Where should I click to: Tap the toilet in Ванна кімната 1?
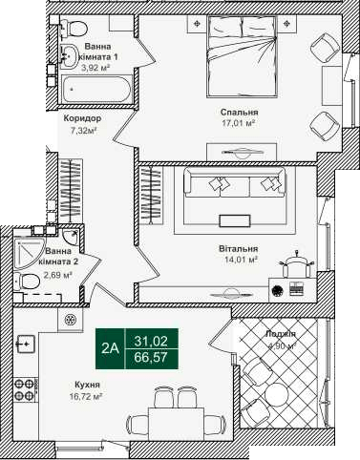click(x=69, y=56)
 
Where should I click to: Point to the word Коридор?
click(x=82, y=119)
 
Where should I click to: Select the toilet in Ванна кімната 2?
click(x=31, y=281)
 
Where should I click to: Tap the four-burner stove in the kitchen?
click(x=25, y=387)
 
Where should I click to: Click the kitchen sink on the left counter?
click(x=25, y=344)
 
